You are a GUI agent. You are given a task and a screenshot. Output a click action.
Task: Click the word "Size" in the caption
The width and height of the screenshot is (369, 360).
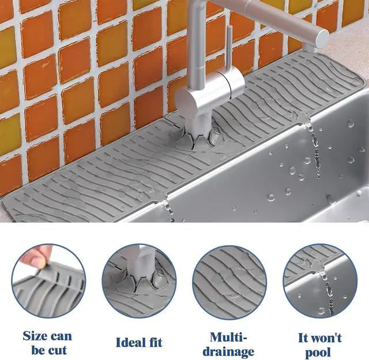[35, 336]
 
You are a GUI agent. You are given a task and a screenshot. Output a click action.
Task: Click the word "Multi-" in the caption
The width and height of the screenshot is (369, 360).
[228, 337]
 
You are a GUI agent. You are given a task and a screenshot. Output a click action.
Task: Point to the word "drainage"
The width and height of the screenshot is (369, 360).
[228, 352]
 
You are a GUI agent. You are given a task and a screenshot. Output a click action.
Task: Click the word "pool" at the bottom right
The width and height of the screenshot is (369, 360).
[318, 353]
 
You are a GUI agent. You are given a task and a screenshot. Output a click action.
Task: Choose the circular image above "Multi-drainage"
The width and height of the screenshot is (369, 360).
[229, 282]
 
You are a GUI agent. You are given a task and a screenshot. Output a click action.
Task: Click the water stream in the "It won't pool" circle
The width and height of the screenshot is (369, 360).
[327, 292]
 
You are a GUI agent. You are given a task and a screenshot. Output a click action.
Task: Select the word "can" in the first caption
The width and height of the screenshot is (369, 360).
[61, 336]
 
